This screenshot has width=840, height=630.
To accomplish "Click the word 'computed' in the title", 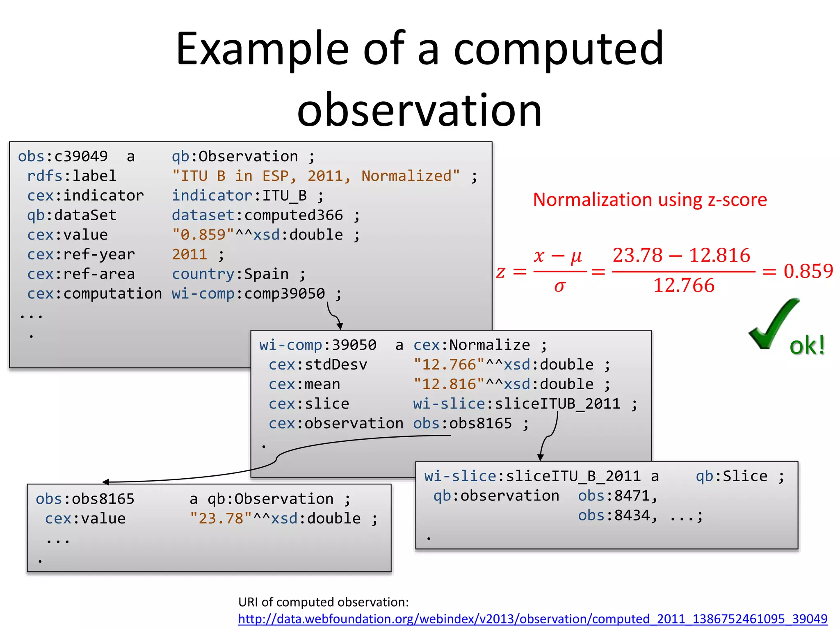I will point(558,49).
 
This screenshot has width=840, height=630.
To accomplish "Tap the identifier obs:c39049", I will point(63,157).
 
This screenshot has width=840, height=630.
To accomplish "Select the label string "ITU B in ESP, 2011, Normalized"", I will point(315,176).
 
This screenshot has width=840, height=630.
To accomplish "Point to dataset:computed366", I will point(257,215).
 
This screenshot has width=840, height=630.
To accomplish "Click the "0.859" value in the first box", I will point(203,235).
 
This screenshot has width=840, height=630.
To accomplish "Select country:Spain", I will point(230,274).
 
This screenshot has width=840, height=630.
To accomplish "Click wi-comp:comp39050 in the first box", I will point(248,294).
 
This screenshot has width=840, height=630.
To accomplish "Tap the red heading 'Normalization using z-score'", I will point(650,200).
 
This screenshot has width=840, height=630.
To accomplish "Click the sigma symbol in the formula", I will point(560,286).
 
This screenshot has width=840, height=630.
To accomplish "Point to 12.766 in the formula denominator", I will point(684,285).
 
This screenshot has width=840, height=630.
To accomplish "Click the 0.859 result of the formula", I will point(808,271).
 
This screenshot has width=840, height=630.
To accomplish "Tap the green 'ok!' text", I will point(807,346).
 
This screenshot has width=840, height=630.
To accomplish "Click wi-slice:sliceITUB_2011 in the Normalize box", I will point(516,404).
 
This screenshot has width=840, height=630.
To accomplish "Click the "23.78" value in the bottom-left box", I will point(221,519).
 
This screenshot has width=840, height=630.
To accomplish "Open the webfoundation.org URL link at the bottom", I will point(532,619).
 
